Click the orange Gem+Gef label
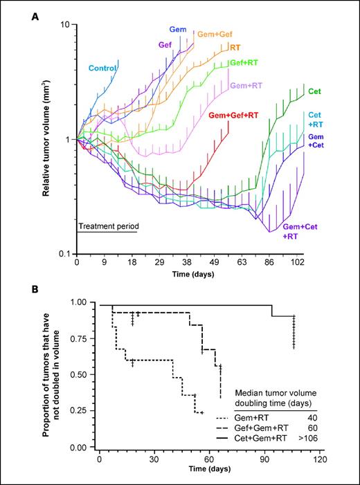[x=216, y=34]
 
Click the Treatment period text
[x=107, y=226]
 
